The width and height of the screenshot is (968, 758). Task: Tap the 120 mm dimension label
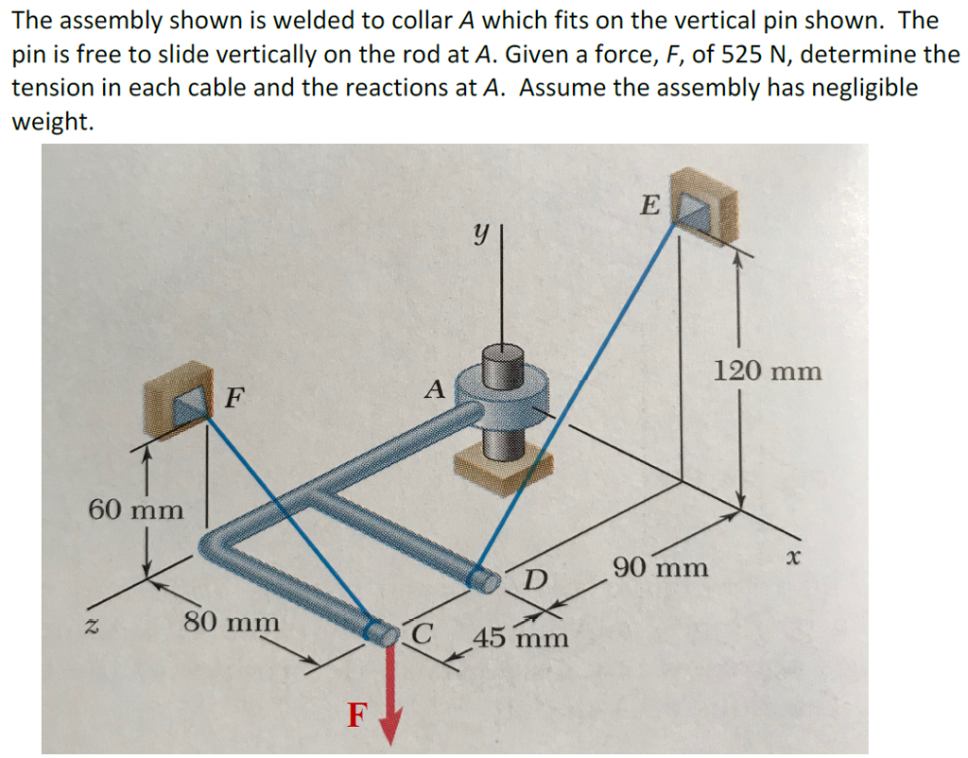768,371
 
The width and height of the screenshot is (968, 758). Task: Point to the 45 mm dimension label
521,637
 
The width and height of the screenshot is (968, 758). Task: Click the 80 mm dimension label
232,622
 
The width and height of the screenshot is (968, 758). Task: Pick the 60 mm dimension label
136,509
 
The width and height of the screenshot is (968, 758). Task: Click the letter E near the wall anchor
650,204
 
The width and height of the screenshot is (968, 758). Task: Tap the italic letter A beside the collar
435,389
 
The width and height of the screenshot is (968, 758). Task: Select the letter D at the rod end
536,579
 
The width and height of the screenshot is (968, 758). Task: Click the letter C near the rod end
422,633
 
